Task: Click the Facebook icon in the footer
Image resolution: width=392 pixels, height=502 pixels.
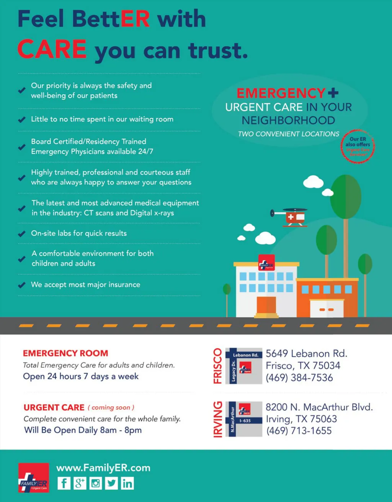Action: pos(64,483)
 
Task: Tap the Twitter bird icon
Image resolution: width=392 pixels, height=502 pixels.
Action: pos(111,483)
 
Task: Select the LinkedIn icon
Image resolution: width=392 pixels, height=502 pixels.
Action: pos(127,483)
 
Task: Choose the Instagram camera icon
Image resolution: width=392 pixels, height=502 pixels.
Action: pos(96,483)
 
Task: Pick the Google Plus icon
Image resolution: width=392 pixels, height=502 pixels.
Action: pos(80,483)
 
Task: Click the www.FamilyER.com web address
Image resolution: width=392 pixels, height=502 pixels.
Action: pos(103,468)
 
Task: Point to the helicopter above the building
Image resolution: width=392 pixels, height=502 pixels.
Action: pos(291,217)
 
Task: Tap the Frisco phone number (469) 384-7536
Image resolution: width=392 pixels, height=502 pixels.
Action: pos(299,378)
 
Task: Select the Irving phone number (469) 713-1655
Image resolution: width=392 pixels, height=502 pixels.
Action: pos(299,431)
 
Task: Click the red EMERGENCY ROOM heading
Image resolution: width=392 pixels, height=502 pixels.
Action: pos(65,353)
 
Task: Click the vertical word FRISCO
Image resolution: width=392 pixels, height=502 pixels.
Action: pos(217,366)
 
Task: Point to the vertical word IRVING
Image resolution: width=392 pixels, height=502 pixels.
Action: pos(217,419)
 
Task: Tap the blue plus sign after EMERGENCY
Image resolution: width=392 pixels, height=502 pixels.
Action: pos(333,93)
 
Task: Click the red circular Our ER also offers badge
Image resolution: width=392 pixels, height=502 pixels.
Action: pos(358,147)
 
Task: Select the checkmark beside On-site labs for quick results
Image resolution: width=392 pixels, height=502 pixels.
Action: pos(22,233)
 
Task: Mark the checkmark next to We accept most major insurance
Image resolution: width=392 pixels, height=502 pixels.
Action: pos(22,285)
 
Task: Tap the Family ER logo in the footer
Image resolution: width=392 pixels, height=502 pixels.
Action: pos(34,478)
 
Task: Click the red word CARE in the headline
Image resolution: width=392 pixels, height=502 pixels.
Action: pos(52,49)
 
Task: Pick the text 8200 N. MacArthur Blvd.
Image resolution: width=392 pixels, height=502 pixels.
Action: pos(319,407)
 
